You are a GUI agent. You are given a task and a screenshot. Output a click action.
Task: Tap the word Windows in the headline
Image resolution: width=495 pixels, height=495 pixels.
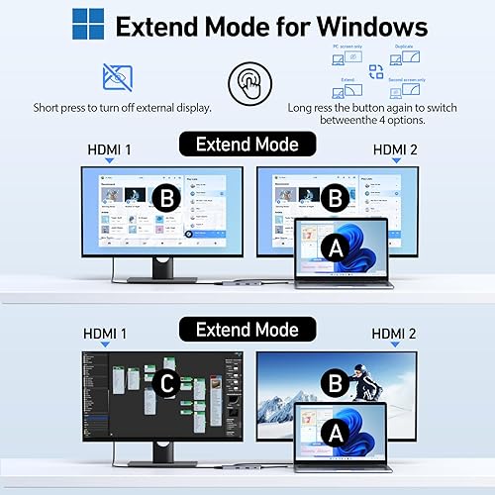click(372, 26)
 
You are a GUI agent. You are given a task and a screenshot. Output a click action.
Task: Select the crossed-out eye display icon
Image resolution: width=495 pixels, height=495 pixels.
click(118, 76)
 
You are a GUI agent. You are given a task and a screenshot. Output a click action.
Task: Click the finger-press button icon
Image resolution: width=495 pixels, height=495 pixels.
click(247, 82)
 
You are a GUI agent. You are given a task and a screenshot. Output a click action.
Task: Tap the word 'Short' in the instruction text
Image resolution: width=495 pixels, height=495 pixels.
click(49, 105)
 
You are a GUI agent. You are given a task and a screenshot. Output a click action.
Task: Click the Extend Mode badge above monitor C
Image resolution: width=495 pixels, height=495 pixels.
click(247, 329)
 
